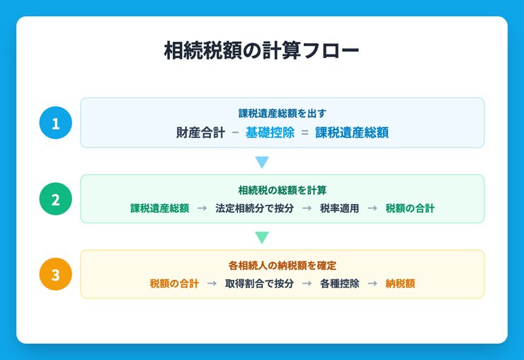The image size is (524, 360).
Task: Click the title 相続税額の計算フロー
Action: pos(261,52)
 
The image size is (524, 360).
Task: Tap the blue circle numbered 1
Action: pos(56,123)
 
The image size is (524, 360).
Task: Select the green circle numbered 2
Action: pos(56,198)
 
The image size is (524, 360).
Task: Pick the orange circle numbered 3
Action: pos(56,274)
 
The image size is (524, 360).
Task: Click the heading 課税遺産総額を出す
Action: pos(282,113)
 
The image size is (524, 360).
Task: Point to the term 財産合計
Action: pos(200,132)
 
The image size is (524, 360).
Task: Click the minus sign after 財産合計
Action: pos(235,132)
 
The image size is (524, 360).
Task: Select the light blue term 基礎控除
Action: pos(270,132)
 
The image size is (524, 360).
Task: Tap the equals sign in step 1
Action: pos(304,132)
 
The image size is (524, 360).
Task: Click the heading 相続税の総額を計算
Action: pos(282,190)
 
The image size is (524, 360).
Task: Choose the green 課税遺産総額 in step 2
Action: pos(159,208)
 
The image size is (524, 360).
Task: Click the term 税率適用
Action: pos(339,208)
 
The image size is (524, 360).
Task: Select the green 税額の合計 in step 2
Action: pos(410,208)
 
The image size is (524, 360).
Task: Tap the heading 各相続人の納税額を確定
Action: pos(282,265)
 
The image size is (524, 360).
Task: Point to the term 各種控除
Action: pos(339,283)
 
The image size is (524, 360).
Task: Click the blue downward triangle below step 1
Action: pos(262,162)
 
